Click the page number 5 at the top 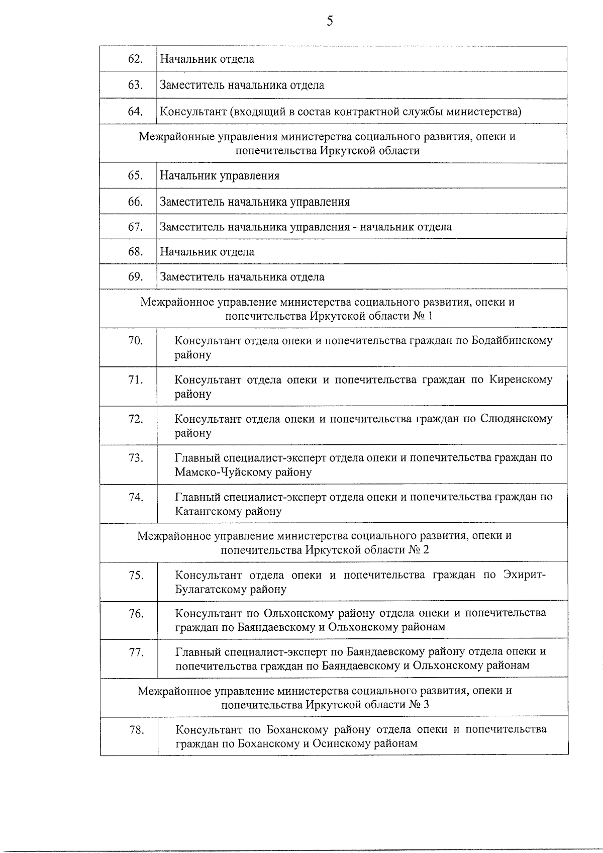(330, 21)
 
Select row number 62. (135, 59)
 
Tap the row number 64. (135, 111)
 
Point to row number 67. (135, 227)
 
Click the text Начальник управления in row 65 (220, 176)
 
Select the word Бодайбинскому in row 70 (512, 341)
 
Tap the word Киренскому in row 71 (520, 380)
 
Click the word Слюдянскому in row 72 (516, 419)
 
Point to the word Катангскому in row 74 (208, 512)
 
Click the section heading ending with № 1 (328, 309)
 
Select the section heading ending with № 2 (325, 542)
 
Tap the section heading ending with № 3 (325, 697)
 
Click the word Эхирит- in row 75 (524, 575)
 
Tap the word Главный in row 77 (197, 652)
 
